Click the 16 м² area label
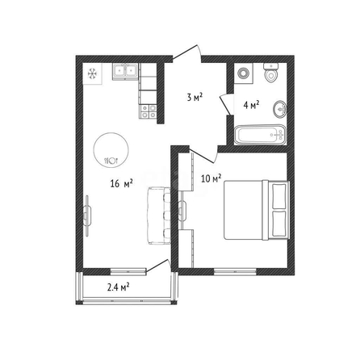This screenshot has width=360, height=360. pyautogui.click(x=121, y=183)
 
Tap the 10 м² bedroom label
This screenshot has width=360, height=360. pyautogui.click(x=211, y=178)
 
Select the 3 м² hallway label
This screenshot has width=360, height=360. pyautogui.click(x=195, y=97)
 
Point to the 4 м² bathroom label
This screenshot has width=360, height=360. pyautogui.click(x=251, y=105)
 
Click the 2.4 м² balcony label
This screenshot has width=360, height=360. pyautogui.click(x=119, y=287)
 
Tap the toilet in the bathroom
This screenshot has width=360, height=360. pyautogui.click(x=270, y=73)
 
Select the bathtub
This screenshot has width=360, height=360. pyautogui.click(x=260, y=135)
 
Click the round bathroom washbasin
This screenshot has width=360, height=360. pyautogui.click(x=280, y=110)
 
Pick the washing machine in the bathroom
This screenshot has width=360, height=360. pyautogui.click(x=244, y=73)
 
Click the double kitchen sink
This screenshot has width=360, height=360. pyautogui.click(x=125, y=72)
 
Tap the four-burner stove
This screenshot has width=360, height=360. pyautogui.click(x=148, y=111)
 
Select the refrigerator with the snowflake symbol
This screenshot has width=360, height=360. pyautogui.click(x=92, y=73)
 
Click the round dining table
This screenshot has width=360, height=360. pyautogui.click(x=111, y=150)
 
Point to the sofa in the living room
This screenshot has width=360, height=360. pyautogui.click(x=159, y=216)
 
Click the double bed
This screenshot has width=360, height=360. pyautogui.click(x=257, y=210)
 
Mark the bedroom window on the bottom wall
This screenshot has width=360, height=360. pyautogui.click(x=236, y=271)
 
